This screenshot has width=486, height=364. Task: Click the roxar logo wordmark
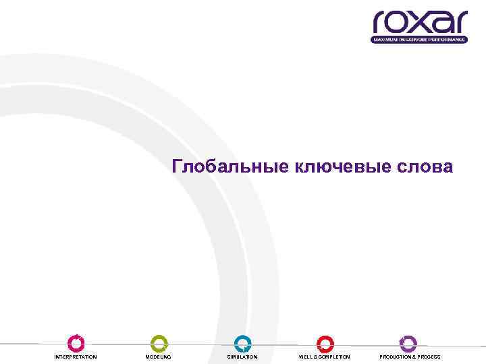(x=420, y=23)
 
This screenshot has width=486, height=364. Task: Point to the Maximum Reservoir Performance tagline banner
(x=419, y=40)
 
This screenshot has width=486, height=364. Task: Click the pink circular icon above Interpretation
(x=76, y=344)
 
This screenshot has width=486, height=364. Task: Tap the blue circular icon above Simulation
(x=242, y=344)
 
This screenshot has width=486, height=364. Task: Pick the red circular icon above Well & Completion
(x=325, y=344)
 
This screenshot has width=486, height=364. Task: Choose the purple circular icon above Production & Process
(x=408, y=344)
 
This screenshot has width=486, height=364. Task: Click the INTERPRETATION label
(x=76, y=357)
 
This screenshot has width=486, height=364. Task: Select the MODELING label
(x=159, y=357)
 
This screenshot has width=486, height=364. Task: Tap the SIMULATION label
(x=242, y=357)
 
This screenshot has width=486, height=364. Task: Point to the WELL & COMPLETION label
(x=325, y=357)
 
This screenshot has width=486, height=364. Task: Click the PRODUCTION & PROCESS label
(x=410, y=357)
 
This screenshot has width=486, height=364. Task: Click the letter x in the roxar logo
(x=421, y=24)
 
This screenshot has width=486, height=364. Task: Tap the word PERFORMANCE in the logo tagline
(x=449, y=40)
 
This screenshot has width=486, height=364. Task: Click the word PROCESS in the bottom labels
(x=428, y=357)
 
